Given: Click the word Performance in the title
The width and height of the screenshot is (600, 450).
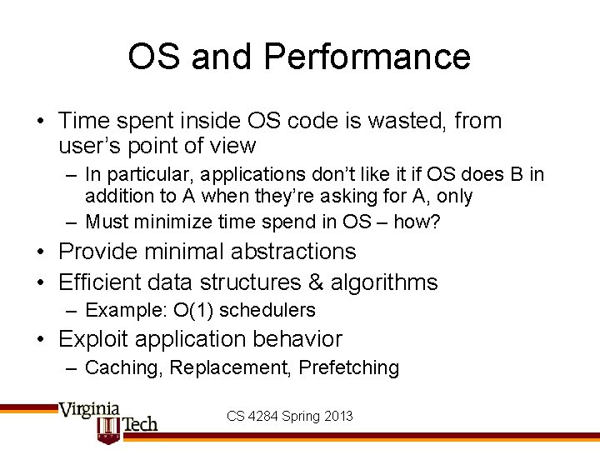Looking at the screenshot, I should tap(367, 57).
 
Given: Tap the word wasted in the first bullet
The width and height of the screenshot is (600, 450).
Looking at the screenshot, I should tap(394, 122).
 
